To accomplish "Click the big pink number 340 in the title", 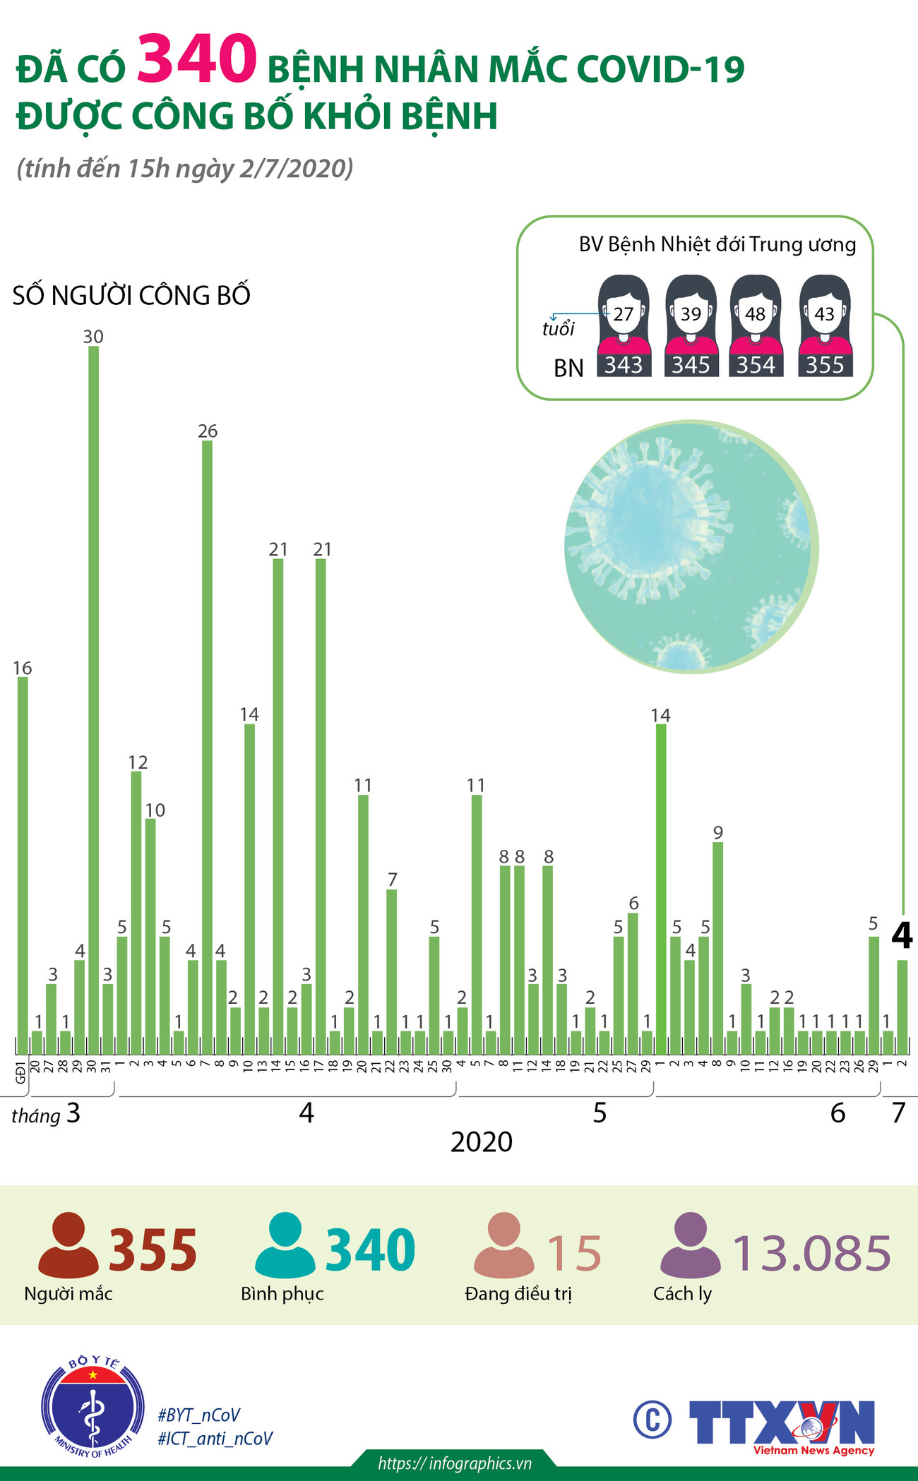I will coord(197,59).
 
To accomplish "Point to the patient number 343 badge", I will coord(624,365).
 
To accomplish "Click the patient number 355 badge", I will coord(825,365).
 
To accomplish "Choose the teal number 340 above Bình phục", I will coord(370,1250).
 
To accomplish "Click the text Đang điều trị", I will coord(518,1294).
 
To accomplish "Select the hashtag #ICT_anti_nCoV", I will coord(215,1438).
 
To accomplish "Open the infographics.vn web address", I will coord(455,1463).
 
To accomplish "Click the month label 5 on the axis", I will coord(600,1113).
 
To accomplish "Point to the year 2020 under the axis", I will coord(482,1142).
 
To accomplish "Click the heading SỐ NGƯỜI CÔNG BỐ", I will coord(131,295).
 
